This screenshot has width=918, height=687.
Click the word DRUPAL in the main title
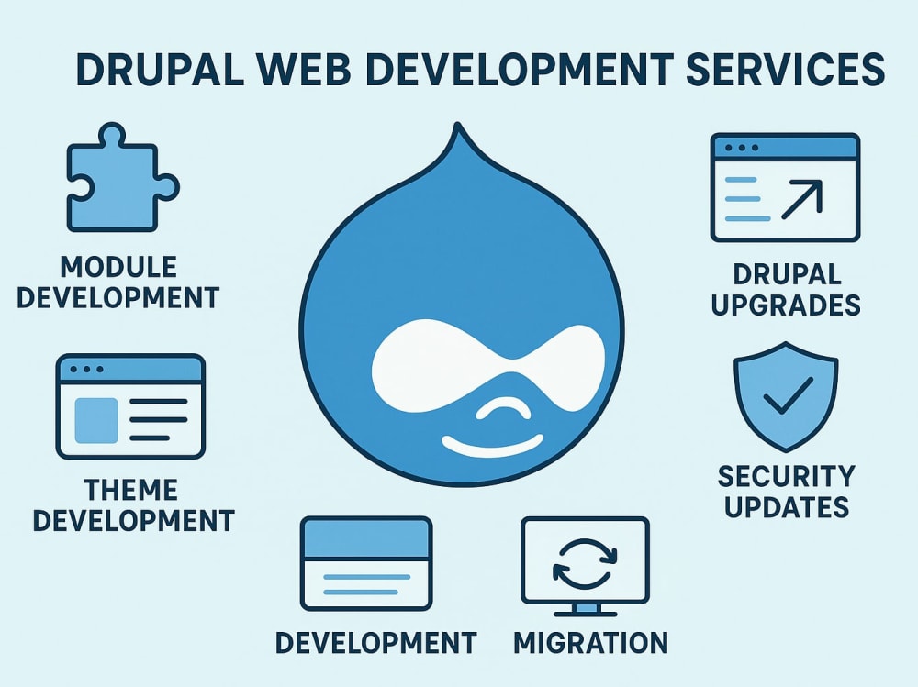tap(160, 70)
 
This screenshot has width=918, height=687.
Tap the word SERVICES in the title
tap(785, 70)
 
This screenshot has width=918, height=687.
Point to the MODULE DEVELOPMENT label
tap(118, 283)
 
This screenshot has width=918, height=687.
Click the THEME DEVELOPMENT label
tap(133, 505)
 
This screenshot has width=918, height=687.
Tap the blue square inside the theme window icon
tap(96, 420)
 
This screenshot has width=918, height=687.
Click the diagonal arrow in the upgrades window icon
tap(802, 200)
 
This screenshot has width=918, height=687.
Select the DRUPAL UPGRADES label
tap(786, 290)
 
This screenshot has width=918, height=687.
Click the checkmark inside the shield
tap(788, 395)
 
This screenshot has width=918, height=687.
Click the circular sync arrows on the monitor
tap(585, 563)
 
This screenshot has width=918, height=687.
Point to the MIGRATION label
tap(590, 643)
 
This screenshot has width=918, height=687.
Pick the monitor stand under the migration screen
tap(586, 610)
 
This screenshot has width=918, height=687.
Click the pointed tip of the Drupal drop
tap(458, 124)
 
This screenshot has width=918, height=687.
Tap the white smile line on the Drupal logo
tap(492, 447)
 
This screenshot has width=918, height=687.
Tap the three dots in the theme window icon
tap(86, 370)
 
